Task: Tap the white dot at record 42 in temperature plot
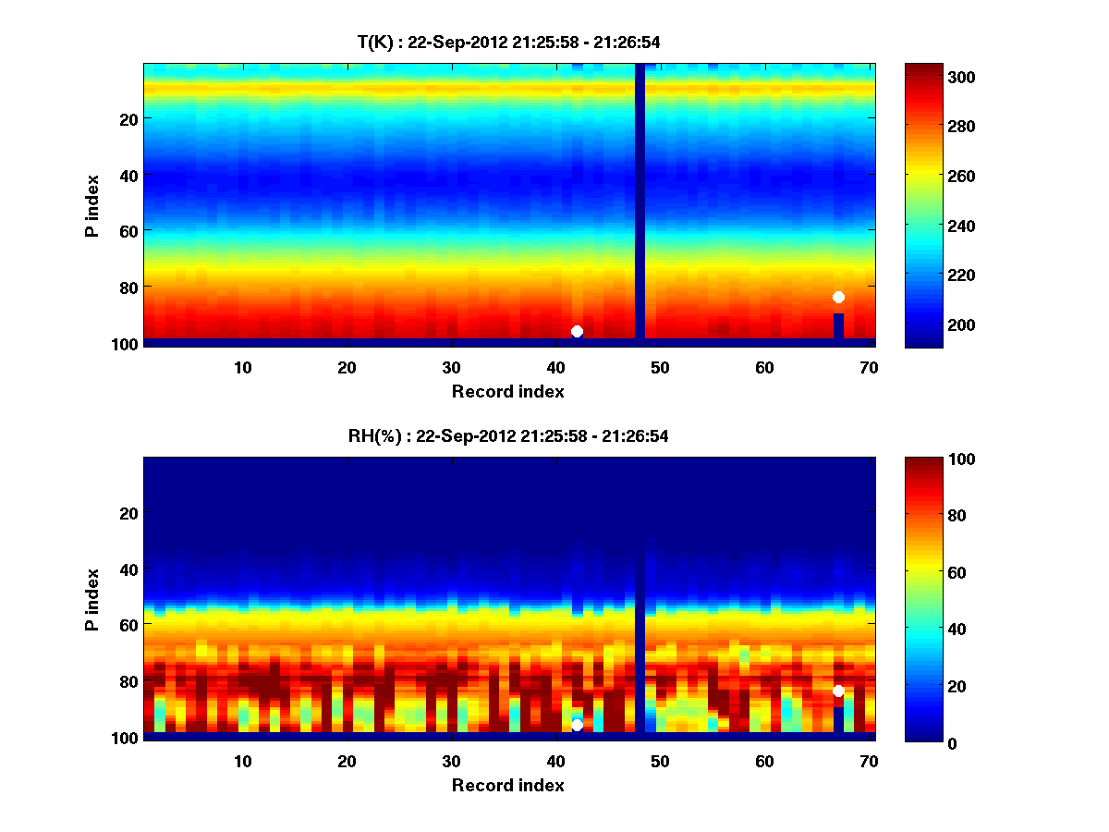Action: (x=577, y=331)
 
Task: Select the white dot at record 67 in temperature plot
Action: (x=838, y=297)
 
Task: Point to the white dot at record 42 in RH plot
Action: (x=577, y=725)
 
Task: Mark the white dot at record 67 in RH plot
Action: (x=838, y=691)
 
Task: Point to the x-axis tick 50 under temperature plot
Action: (x=660, y=367)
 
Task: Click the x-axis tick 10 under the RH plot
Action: (x=242, y=761)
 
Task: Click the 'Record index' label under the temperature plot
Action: (x=507, y=391)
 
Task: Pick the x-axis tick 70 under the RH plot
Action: (x=869, y=761)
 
